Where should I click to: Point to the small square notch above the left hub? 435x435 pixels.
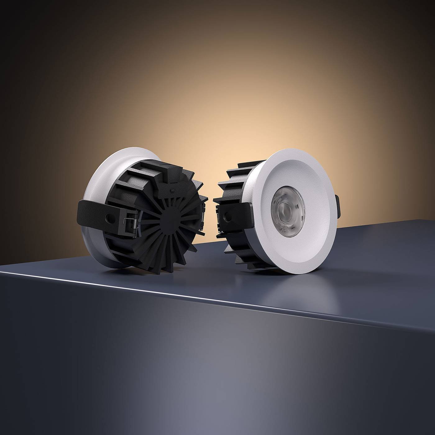(172, 189)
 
